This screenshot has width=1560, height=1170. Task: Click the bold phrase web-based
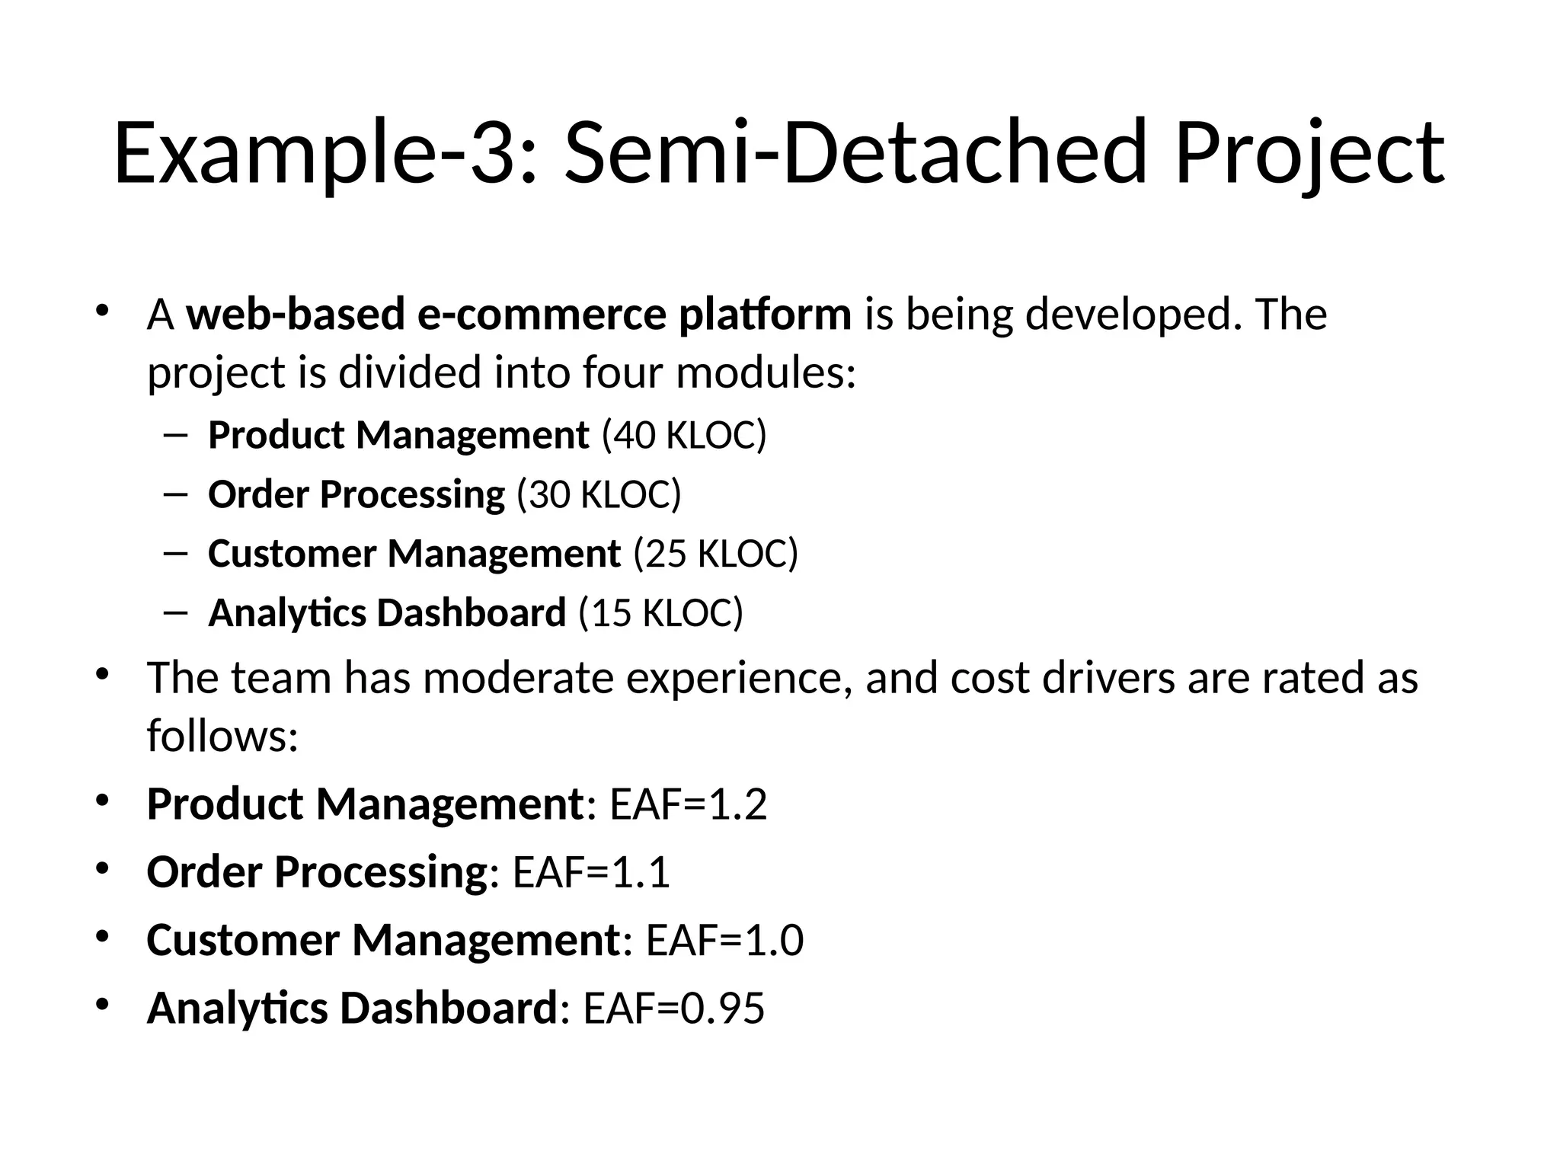pyautogui.click(x=296, y=314)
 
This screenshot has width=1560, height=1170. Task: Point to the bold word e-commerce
pyautogui.click(x=542, y=314)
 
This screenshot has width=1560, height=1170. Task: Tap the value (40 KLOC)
pyautogui.click(x=684, y=436)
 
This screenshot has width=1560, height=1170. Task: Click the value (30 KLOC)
pyautogui.click(x=599, y=494)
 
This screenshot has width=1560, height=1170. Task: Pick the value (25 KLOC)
pyautogui.click(x=716, y=553)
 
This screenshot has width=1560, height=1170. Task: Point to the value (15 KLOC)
pyautogui.click(x=660, y=612)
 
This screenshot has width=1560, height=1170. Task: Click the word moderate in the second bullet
pyautogui.click(x=518, y=677)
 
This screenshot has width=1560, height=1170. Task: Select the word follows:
pyautogui.click(x=222, y=736)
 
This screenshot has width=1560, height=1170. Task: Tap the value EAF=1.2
pyautogui.click(x=689, y=804)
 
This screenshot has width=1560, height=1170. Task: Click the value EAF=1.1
pyautogui.click(x=591, y=872)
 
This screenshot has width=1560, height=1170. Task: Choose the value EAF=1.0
pyautogui.click(x=724, y=940)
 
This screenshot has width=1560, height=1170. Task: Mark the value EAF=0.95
pyautogui.click(x=673, y=1008)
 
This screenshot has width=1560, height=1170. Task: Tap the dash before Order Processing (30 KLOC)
pyautogui.click(x=174, y=495)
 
